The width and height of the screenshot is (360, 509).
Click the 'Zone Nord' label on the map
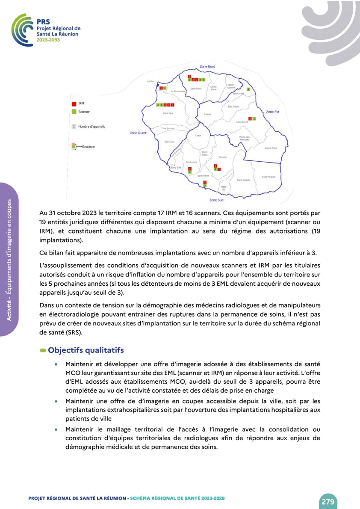tap(207, 67)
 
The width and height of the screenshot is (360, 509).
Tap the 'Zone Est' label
tap(272, 112)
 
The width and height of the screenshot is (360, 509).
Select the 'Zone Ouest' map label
tap(138, 133)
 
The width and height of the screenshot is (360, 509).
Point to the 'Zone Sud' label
tap(216, 200)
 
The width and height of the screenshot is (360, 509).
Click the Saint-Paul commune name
tap(168, 113)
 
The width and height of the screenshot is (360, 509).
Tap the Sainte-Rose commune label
tap(271, 148)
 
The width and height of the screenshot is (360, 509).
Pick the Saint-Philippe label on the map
tap(269, 177)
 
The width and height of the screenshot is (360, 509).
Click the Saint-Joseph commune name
tap(243, 180)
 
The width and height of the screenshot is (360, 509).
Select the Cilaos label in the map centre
tap(198, 136)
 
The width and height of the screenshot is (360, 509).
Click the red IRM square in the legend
tap(74, 104)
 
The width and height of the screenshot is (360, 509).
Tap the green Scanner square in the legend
tap(74, 112)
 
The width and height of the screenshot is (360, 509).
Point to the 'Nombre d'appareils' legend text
tap(91, 127)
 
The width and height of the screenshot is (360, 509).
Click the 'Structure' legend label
tap(89, 147)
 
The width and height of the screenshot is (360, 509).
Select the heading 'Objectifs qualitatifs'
tap(86, 350)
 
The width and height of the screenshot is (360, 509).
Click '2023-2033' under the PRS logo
tap(48, 39)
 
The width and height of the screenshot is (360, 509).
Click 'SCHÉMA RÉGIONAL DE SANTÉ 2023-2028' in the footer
tap(177, 499)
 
